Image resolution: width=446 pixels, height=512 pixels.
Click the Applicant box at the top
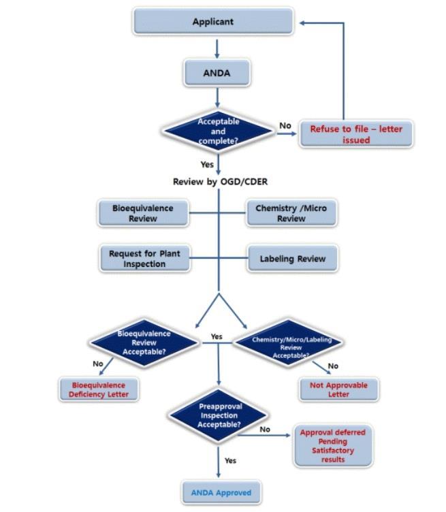click(x=212, y=22)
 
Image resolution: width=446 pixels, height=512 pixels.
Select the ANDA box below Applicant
click(x=217, y=73)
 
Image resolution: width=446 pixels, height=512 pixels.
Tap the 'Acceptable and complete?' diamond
click(x=218, y=131)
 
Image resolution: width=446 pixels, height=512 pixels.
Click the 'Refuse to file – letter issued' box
click(x=356, y=134)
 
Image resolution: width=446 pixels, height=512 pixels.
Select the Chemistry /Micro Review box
click(x=291, y=213)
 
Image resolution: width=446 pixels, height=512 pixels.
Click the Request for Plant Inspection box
click(x=144, y=259)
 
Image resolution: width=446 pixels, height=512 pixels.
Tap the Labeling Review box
click(x=292, y=259)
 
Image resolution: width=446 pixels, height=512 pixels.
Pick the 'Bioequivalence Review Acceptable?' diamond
click(x=144, y=343)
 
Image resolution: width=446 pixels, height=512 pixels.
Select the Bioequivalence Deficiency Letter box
click(x=99, y=389)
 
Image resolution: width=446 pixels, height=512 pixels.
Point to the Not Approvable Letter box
click(x=338, y=389)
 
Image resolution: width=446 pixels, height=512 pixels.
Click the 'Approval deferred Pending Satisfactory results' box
click(x=332, y=446)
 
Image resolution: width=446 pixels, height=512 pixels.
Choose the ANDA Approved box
click(x=221, y=492)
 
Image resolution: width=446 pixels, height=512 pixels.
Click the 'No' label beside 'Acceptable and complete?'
click(x=285, y=126)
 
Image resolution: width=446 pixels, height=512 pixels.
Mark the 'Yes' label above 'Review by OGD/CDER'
click(x=207, y=165)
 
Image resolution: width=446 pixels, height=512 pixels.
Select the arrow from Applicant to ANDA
click(x=217, y=48)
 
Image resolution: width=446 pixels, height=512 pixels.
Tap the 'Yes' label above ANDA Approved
click(x=230, y=461)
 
